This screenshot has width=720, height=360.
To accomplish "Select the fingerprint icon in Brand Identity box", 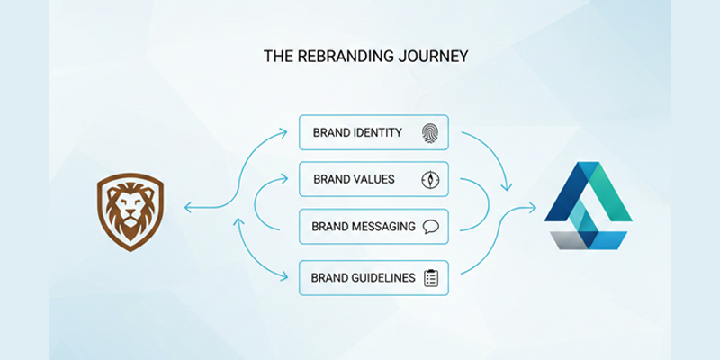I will (430, 133).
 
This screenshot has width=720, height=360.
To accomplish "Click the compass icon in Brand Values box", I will (430, 180).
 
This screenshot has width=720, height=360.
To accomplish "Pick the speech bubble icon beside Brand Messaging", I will (430, 227).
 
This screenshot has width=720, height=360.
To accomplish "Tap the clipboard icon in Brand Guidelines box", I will (431, 278).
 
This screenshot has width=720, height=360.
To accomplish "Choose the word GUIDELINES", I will (384, 278).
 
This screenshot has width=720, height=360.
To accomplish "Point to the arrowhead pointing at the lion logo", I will (187, 208).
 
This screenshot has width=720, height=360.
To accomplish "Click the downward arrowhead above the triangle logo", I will (507, 187).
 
